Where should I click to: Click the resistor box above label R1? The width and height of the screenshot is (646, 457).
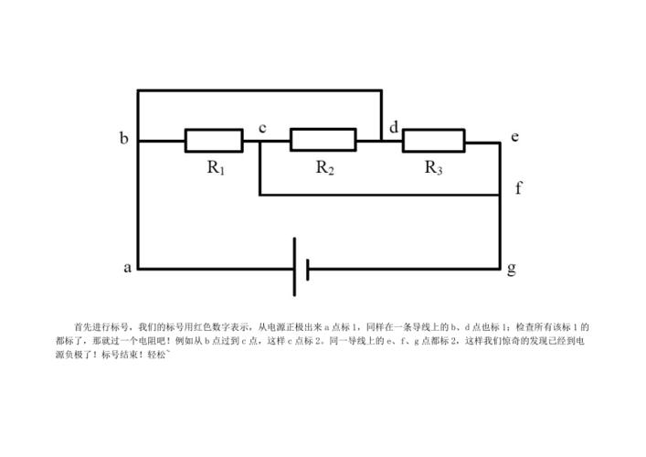click(x=214, y=141)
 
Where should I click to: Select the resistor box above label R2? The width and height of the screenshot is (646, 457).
click(x=323, y=140)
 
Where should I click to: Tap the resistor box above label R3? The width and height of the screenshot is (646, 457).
click(x=433, y=141)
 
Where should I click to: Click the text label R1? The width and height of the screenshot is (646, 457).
click(x=216, y=167)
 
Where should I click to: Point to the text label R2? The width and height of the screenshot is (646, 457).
click(x=324, y=167)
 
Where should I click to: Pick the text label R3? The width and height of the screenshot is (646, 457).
click(x=434, y=167)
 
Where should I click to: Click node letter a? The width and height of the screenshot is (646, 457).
click(x=127, y=268)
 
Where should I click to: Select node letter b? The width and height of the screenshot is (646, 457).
click(x=123, y=139)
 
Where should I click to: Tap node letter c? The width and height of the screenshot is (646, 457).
click(x=262, y=127)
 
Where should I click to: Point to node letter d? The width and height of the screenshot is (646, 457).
click(x=394, y=127)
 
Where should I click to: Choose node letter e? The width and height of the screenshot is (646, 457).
click(x=515, y=137)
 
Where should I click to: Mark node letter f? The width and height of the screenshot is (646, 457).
click(x=518, y=188)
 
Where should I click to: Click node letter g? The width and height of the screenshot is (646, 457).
click(x=512, y=269)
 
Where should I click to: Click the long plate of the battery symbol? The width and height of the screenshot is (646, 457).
click(x=294, y=267)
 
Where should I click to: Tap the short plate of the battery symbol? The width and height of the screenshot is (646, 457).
click(x=308, y=269)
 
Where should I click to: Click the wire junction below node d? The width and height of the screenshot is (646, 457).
click(x=381, y=141)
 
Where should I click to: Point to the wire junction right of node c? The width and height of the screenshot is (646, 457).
click(x=260, y=142)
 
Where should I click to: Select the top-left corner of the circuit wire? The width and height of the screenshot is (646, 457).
click(x=138, y=90)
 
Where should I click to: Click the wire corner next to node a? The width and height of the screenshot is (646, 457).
click(x=138, y=269)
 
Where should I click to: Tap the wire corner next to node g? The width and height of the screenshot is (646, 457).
click(x=500, y=269)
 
